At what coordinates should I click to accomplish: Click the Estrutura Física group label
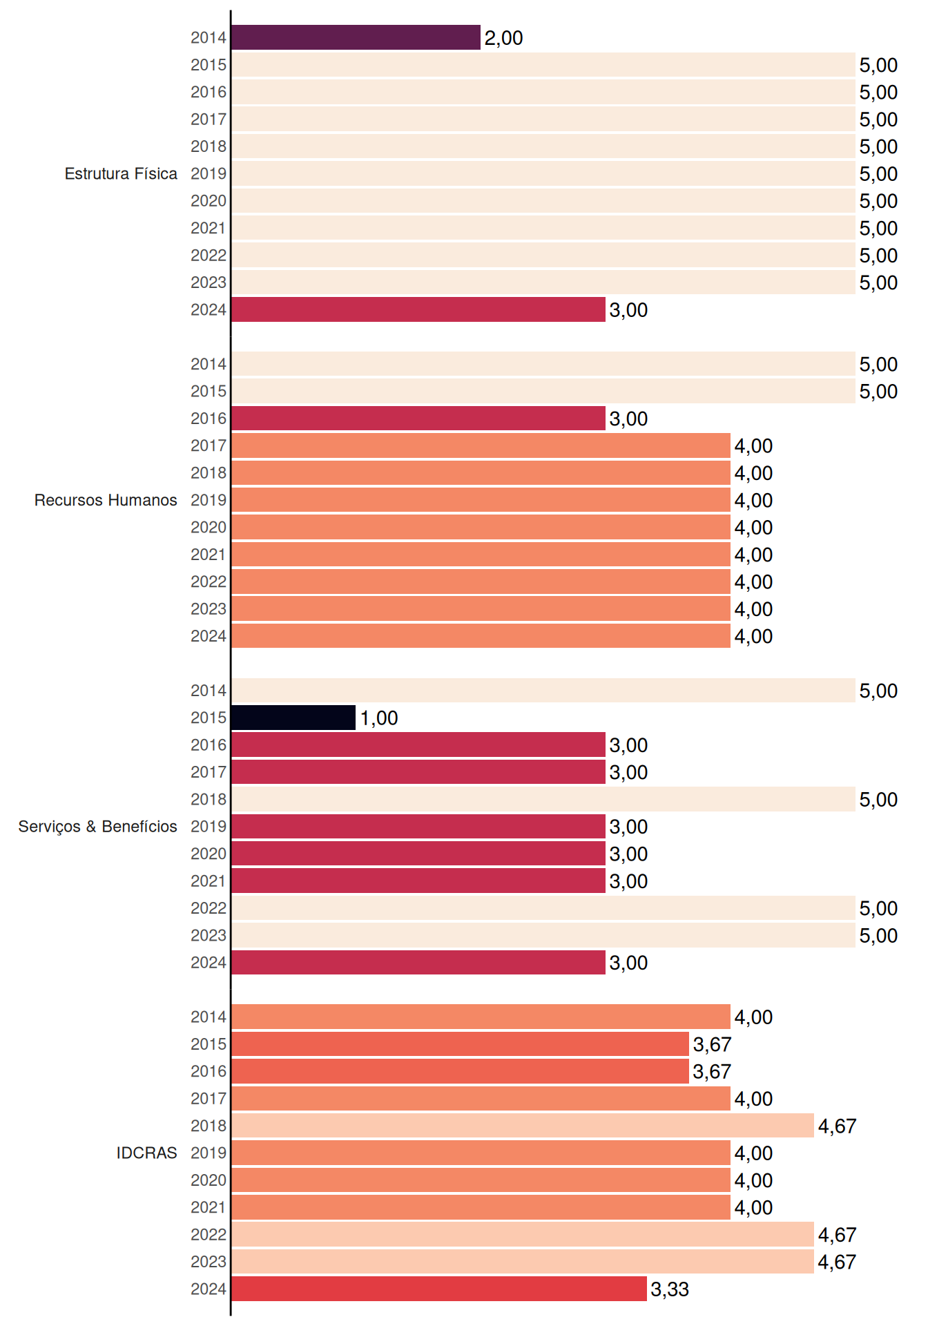121,173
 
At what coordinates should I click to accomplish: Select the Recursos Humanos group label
106,500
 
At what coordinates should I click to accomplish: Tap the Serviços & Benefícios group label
97,827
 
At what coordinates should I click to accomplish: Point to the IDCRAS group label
146,1153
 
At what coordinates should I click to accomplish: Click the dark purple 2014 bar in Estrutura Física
356,37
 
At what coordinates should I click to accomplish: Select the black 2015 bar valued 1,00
293,718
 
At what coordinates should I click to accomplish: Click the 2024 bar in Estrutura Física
418,309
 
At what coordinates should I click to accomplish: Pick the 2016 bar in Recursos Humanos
418,419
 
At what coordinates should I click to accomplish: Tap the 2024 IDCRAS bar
439,1289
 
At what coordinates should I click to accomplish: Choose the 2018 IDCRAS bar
523,1126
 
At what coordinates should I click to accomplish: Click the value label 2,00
503,38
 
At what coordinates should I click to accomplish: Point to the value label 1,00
379,718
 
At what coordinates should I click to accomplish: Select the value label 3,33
670,1289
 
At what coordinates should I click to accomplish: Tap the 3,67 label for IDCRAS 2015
712,1044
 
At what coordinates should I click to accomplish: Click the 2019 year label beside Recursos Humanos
209,500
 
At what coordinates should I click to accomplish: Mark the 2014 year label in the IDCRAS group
209,1017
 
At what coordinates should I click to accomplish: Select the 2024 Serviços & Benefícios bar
418,962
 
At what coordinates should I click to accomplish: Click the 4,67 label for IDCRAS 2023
837,1262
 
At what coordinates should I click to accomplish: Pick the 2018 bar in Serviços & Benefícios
543,799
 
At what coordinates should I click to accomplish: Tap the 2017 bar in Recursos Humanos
481,445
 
